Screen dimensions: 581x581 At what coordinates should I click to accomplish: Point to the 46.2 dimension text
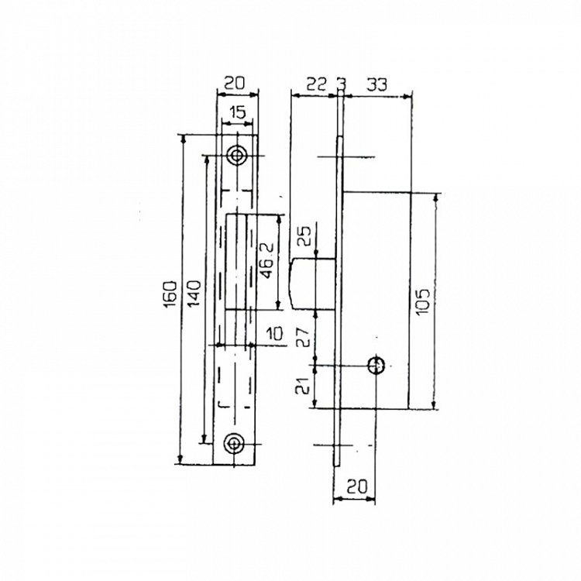coord(266,263)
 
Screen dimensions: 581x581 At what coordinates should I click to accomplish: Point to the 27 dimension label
coord(304,338)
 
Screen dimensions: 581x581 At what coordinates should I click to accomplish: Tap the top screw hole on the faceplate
coord(235,156)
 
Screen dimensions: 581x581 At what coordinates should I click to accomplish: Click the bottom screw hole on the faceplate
coord(235,442)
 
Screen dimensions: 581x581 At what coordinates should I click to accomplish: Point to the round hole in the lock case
coord(376,364)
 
